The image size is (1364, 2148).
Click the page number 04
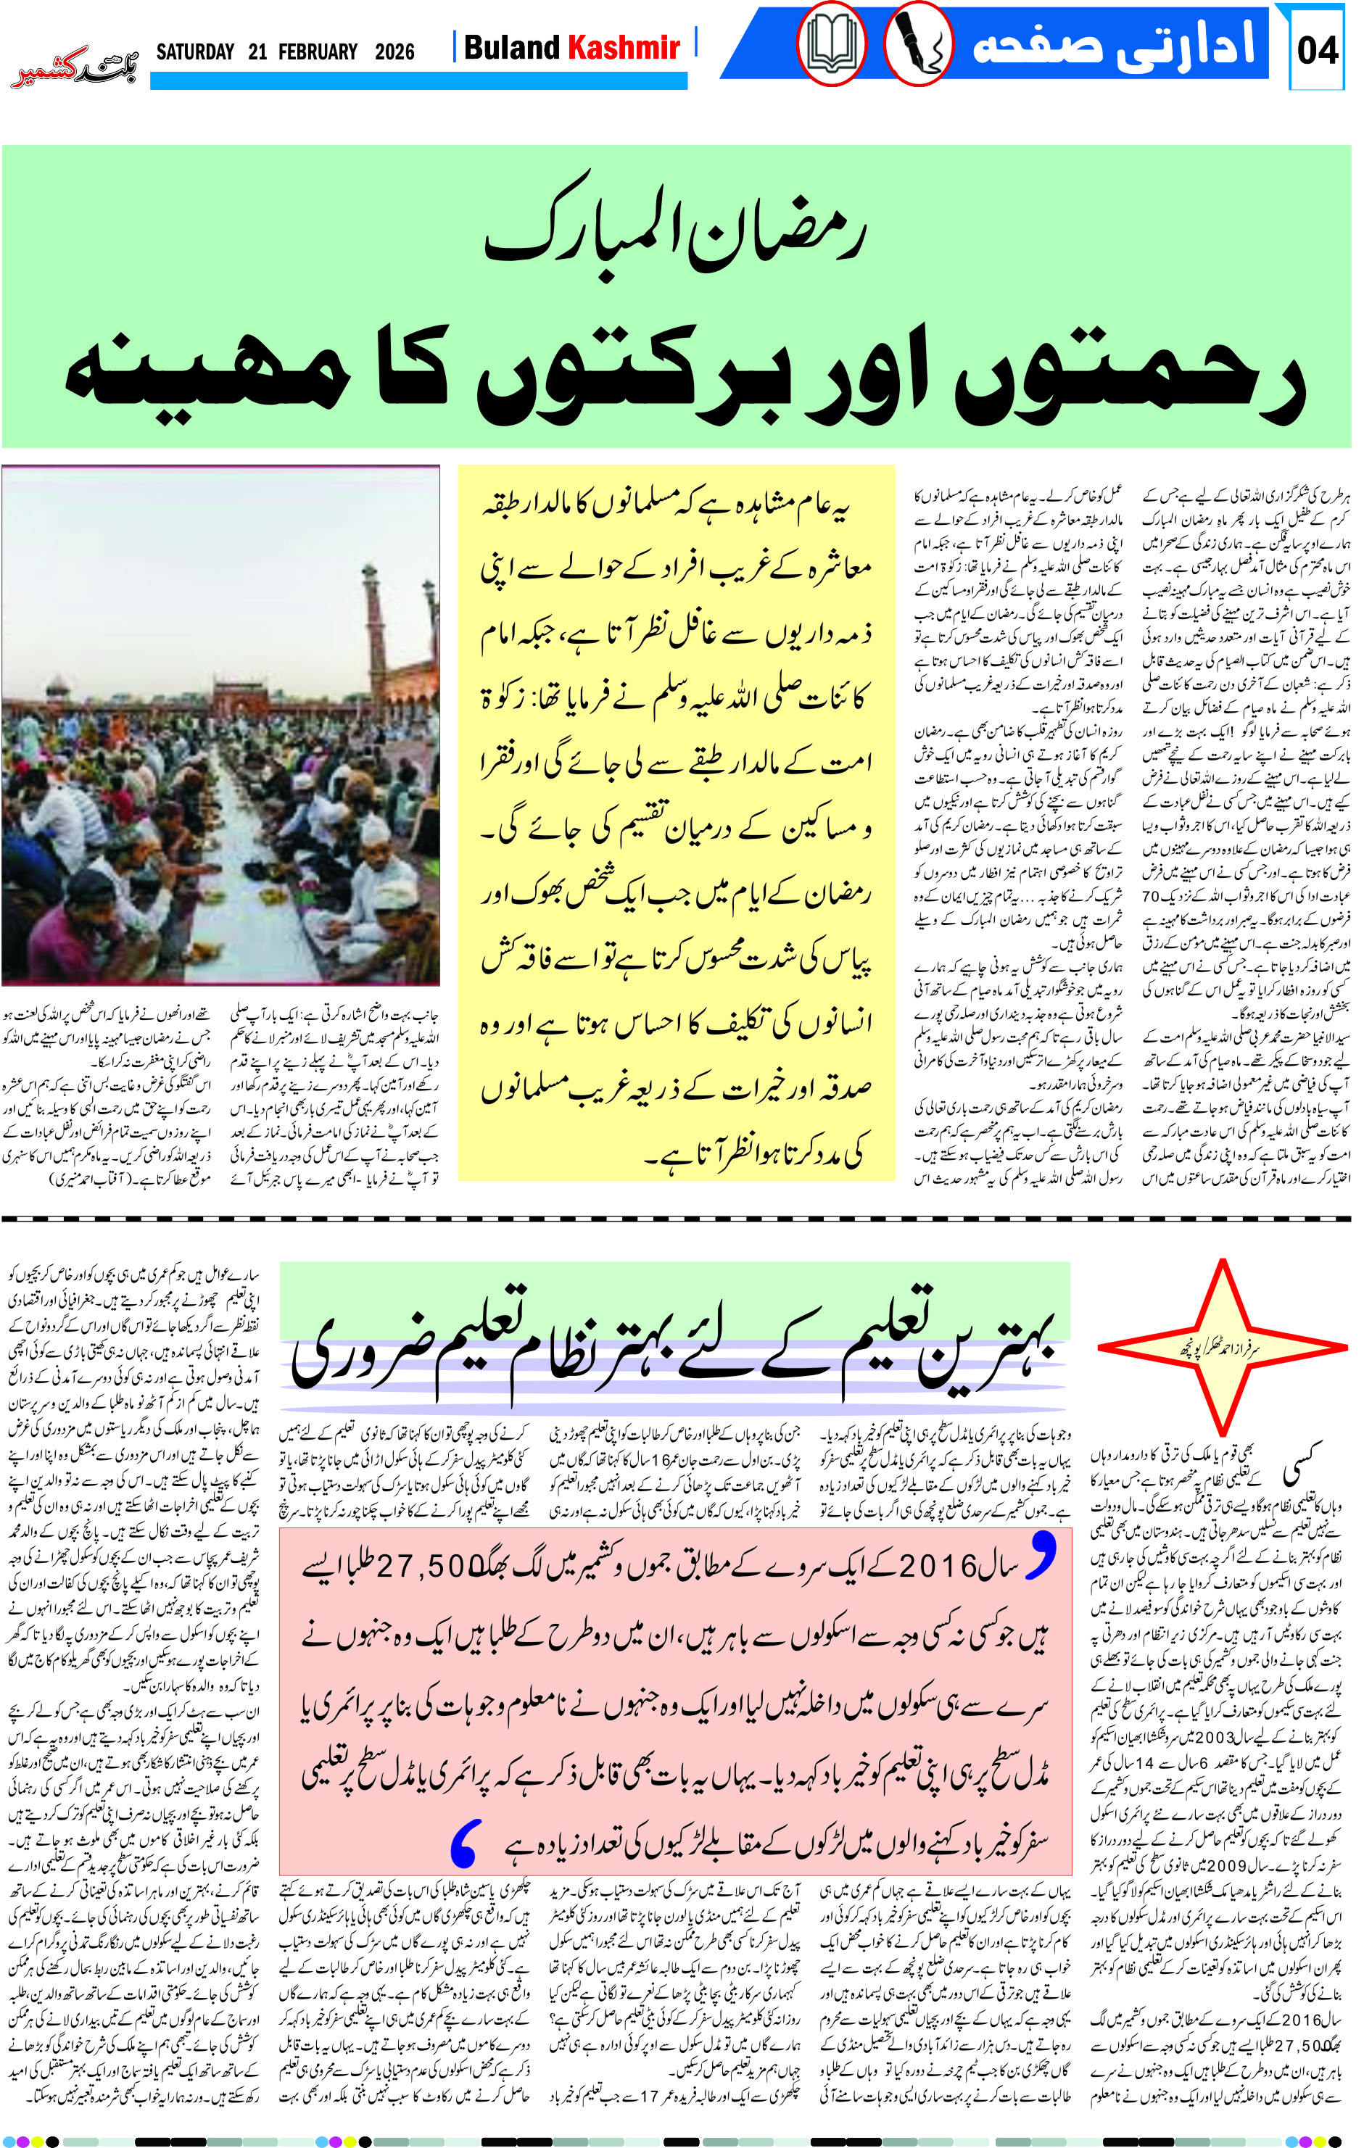(1318, 50)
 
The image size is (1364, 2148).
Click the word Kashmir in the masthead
(624, 47)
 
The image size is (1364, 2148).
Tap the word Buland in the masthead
(512, 47)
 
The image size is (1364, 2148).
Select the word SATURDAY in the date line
(194, 51)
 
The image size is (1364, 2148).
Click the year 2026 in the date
(394, 51)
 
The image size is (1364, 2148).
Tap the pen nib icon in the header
(918, 45)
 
